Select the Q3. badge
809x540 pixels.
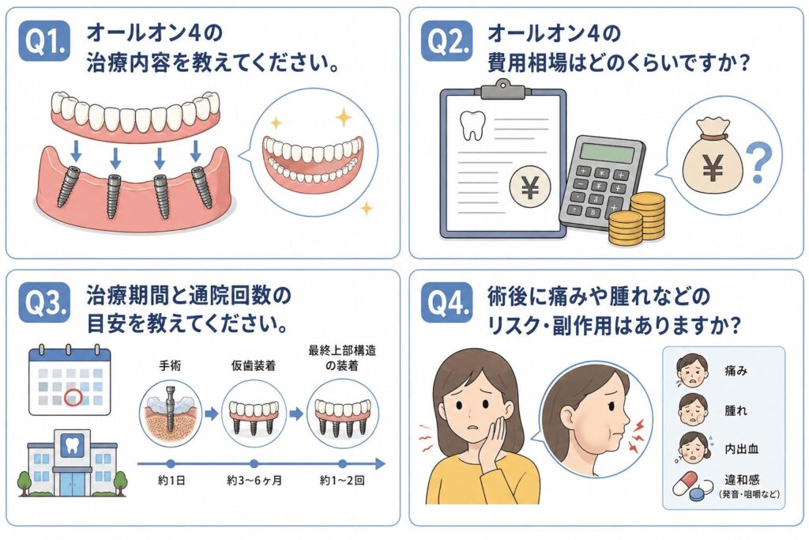[x=44, y=303]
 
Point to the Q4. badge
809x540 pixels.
[x=446, y=303]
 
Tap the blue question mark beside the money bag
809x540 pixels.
[x=758, y=163]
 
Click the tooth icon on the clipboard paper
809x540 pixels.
[x=472, y=126]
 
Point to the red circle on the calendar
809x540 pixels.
[x=73, y=398]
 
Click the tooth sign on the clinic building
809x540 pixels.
[x=72, y=445]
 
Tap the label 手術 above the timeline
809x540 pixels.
[x=170, y=365]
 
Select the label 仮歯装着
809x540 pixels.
[x=254, y=365]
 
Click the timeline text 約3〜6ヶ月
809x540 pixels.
[x=254, y=481]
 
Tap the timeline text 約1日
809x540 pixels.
[x=171, y=481]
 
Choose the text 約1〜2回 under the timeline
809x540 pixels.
[x=342, y=481]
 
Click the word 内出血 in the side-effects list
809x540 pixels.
[x=741, y=448]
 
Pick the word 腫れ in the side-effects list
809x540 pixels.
[x=736, y=410]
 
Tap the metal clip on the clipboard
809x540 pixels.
[x=502, y=90]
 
